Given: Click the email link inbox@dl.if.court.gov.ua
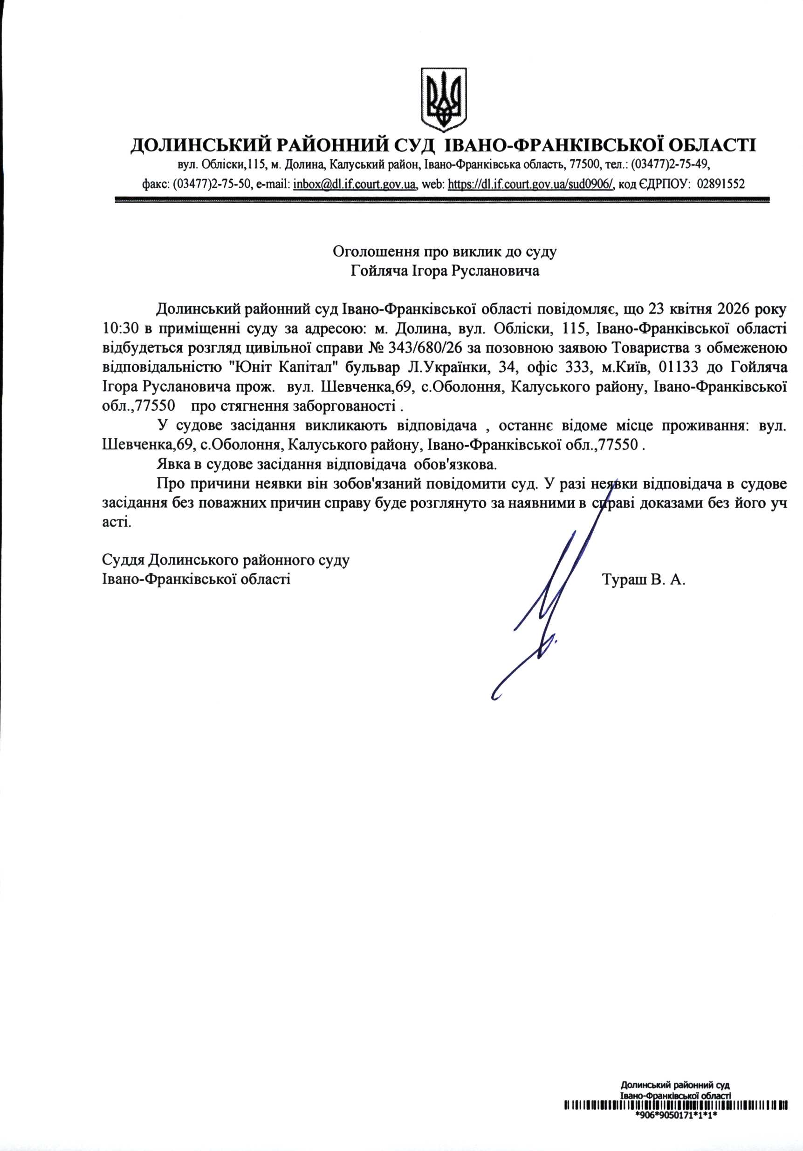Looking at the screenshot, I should click(355, 184).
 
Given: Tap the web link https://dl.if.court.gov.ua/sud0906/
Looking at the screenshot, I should click(531, 184).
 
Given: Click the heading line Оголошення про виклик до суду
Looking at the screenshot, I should click(445, 251).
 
